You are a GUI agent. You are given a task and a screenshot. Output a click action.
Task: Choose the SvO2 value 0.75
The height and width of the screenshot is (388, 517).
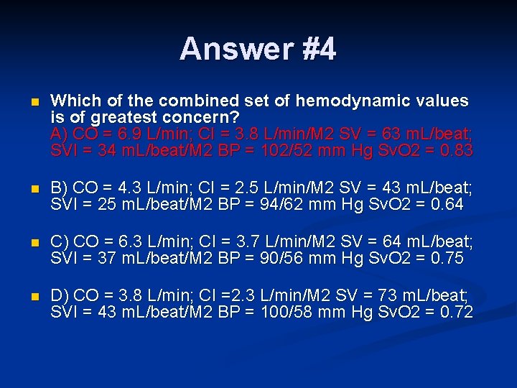point(449,258)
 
